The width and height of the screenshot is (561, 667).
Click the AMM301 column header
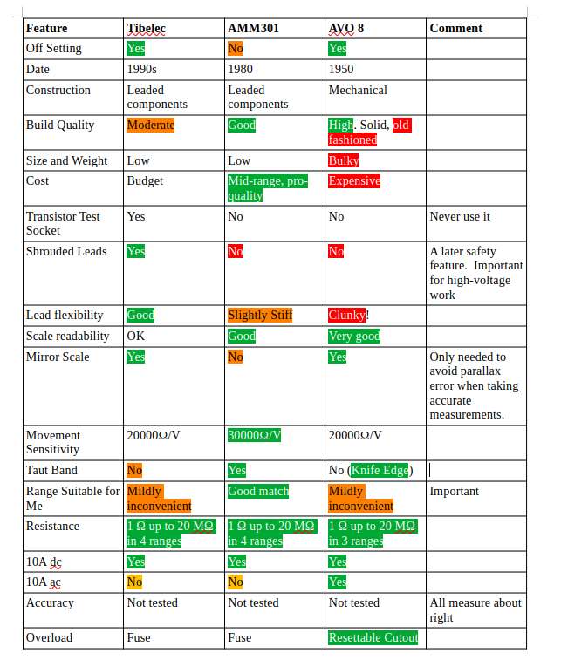[x=253, y=28]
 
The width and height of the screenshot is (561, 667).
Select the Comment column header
[x=455, y=28]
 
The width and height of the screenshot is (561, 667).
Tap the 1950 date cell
[x=341, y=69]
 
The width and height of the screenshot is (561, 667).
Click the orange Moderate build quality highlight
[x=151, y=125]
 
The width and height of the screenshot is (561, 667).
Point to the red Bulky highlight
[x=344, y=160]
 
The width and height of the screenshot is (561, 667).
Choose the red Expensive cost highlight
[x=354, y=180]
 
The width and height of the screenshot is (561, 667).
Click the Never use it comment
[x=460, y=216]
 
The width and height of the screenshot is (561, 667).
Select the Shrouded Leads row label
[x=66, y=251]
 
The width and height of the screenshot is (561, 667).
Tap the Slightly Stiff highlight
[x=260, y=316]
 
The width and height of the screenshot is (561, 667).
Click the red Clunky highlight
[x=347, y=316]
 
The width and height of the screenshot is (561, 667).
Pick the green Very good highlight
[x=354, y=336]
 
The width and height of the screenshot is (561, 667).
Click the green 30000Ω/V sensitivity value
[x=254, y=435]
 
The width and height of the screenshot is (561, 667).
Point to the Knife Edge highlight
[x=380, y=470]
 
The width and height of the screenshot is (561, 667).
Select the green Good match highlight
[x=258, y=492]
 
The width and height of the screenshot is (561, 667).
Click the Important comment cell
[x=455, y=492]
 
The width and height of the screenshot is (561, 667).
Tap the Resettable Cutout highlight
[x=373, y=637]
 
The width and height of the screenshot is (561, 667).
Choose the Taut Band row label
[x=51, y=470]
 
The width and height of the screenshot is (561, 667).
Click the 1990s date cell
[x=141, y=69]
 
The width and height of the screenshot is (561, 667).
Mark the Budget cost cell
[x=145, y=181]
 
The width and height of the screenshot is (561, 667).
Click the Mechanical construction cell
[x=358, y=90]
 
